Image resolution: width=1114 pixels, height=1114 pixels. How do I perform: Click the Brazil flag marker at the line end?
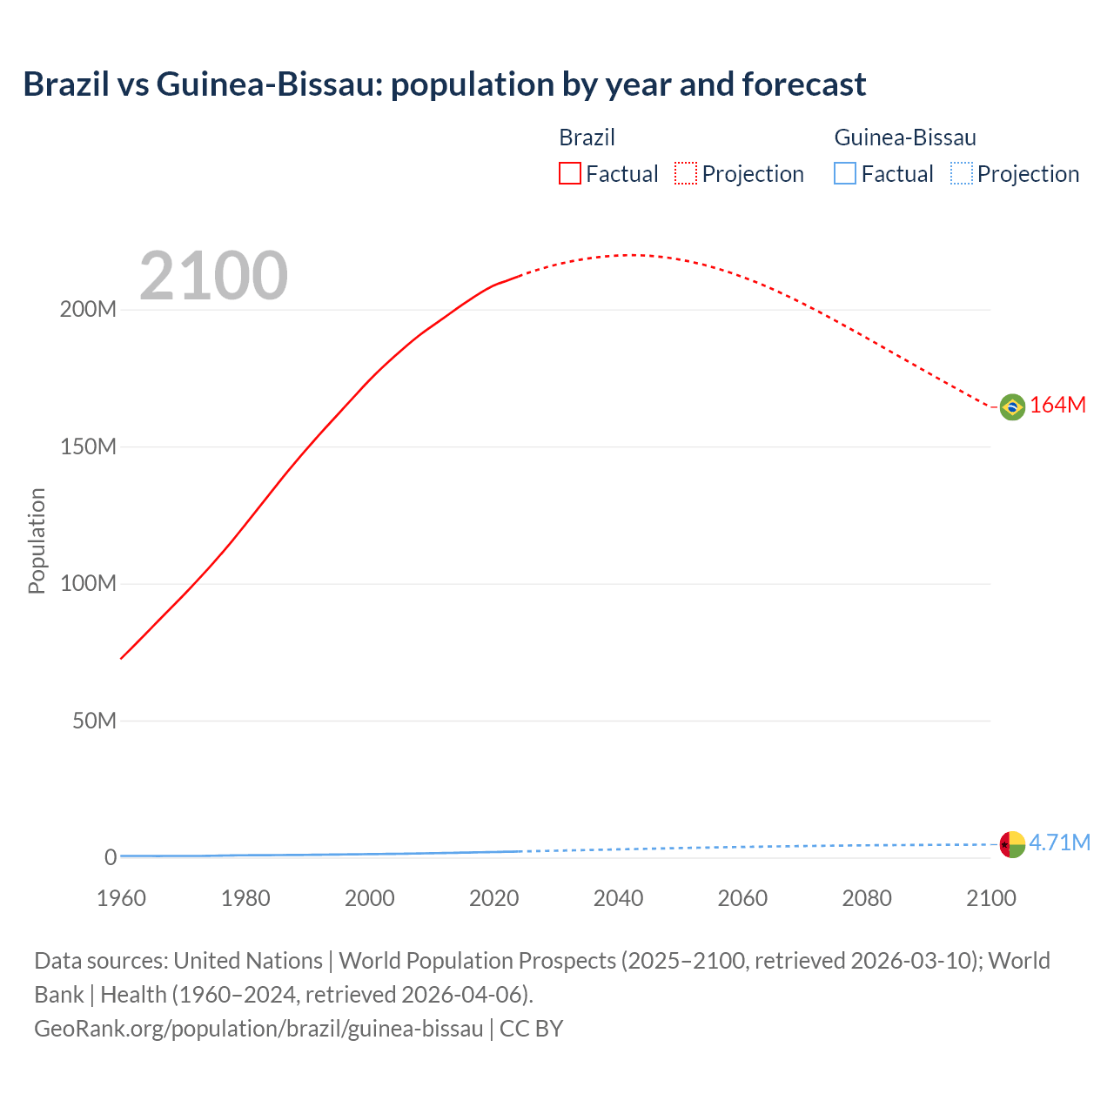pyautogui.click(x=1012, y=406)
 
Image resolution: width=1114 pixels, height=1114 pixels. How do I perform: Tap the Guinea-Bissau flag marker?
pyautogui.click(x=1012, y=844)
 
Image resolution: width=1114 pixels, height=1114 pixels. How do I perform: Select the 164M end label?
pyautogui.click(x=1058, y=406)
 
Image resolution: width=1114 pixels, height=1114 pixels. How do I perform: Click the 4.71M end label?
pyautogui.click(x=1060, y=842)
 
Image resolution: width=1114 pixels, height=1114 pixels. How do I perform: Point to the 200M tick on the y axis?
pyautogui.click(x=88, y=310)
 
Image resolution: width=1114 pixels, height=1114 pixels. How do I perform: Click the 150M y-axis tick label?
pyautogui.click(x=88, y=447)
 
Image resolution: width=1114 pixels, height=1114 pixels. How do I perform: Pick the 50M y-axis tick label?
pyautogui.click(x=94, y=721)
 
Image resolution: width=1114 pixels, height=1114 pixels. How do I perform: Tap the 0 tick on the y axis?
pyautogui.click(x=111, y=857)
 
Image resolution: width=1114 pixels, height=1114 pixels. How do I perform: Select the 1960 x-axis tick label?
pyautogui.click(x=121, y=898)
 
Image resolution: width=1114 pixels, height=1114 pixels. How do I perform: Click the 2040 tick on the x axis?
pyautogui.click(x=618, y=898)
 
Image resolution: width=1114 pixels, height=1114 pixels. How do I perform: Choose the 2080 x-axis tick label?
pyautogui.click(x=867, y=898)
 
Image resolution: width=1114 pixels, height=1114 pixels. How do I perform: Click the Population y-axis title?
pyautogui.click(x=37, y=540)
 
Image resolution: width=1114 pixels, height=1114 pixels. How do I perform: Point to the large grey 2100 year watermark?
pyautogui.click(x=213, y=276)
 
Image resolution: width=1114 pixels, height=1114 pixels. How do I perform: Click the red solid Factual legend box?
pyautogui.click(x=570, y=173)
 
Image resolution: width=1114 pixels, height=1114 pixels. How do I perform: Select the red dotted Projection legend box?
pyautogui.click(x=686, y=173)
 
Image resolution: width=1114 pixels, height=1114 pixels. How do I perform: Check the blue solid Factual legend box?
pyautogui.click(x=845, y=173)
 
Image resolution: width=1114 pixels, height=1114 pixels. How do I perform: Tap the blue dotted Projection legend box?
pyautogui.click(x=961, y=173)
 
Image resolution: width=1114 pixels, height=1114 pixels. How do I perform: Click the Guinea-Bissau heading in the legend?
pyautogui.click(x=905, y=138)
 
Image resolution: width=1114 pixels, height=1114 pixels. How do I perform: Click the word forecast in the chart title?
pyautogui.click(x=803, y=84)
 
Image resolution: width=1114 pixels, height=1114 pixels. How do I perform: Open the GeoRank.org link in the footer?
pyautogui.click(x=258, y=1029)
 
